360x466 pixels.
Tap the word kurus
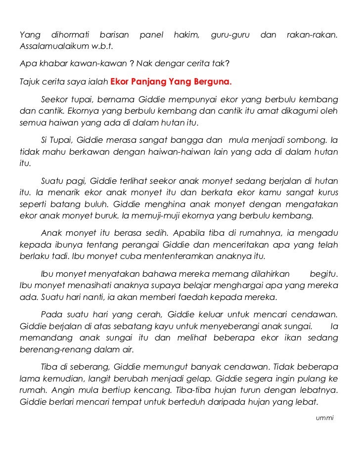tap(327, 192)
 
